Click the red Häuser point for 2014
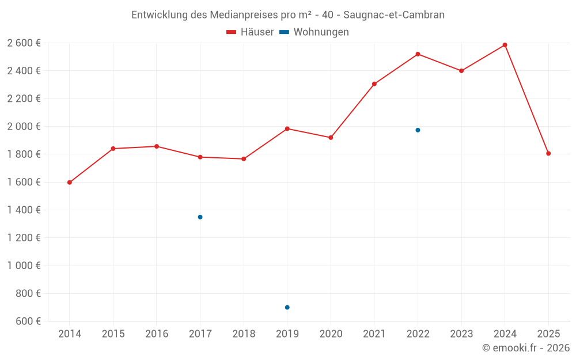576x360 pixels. (x=70, y=183)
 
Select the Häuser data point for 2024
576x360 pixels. (x=505, y=45)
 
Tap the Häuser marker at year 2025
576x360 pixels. (x=548, y=154)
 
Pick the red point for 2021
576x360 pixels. (x=374, y=84)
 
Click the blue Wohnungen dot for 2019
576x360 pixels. (x=287, y=308)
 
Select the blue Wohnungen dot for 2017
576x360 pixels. (x=200, y=217)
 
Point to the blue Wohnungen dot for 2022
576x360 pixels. (x=418, y=130)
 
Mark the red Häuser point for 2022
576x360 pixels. (x=418, y=54)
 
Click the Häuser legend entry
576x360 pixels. (x=249, y=32)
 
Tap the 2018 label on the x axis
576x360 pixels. (x=244, y=334)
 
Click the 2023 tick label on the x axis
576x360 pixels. (x=461, y=334)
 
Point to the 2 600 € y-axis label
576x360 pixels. (x=24, y=43)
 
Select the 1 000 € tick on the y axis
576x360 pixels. (x=24, y=266)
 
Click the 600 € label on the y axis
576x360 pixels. (x=29, y=321)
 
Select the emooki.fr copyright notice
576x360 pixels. (x=525, y=348)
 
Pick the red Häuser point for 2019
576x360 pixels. (x=287, y=128)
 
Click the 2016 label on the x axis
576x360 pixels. (x=157, y=334)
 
